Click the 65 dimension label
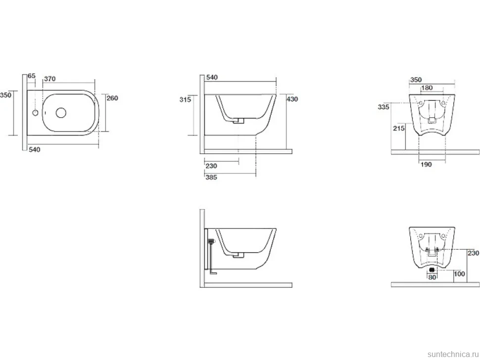[x=32, y=76]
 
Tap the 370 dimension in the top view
[x=50, y=79]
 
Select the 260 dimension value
[x=112, y=98]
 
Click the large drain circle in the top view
[x=61, y=113]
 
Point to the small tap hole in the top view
[x=36, y=113]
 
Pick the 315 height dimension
[x=185, y=99]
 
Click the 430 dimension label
[x=292, y=99]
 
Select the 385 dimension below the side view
[x=211, y=178]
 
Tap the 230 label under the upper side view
[x=211, y=166]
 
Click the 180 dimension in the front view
[x=427, y=88]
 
